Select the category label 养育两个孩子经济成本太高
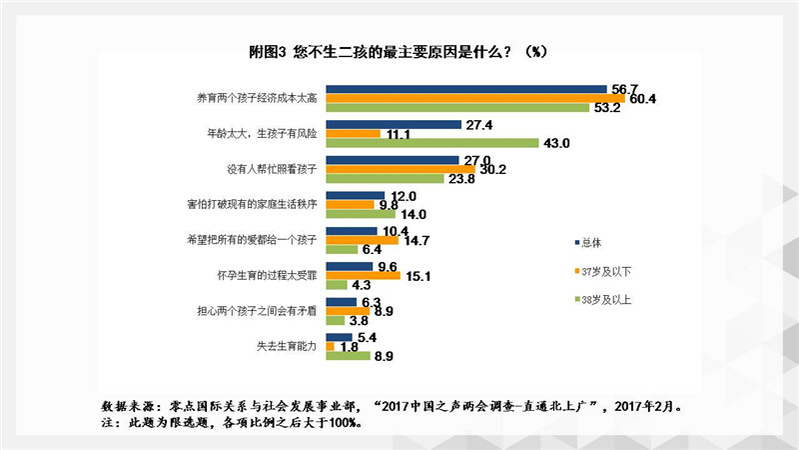tap(260, 98)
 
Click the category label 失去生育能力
tap(288, 346)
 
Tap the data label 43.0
tap(555, 143)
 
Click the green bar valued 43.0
tap(432, 143)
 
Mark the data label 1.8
tap(350, 346)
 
